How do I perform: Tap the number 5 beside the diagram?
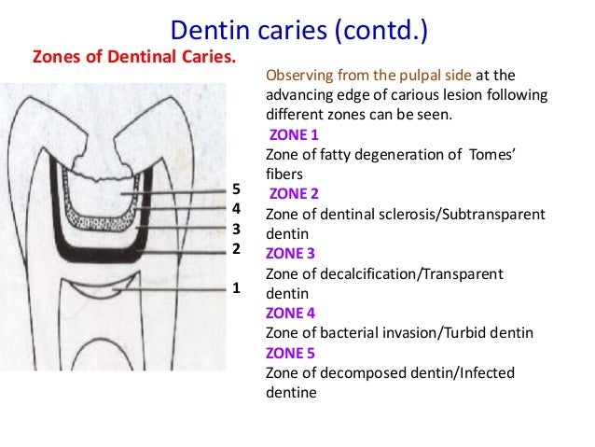point(236,191)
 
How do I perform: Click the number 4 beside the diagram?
point(236,210)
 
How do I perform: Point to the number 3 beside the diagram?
point(236,229)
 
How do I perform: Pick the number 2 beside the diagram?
point(236,249)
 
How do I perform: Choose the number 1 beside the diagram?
point(236,287)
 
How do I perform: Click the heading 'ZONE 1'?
point(294,135)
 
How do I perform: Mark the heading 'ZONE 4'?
point(292,313)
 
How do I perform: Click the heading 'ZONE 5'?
point(292,353)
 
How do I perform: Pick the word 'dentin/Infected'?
point(441,373)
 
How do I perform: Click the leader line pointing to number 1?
point(173,290)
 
